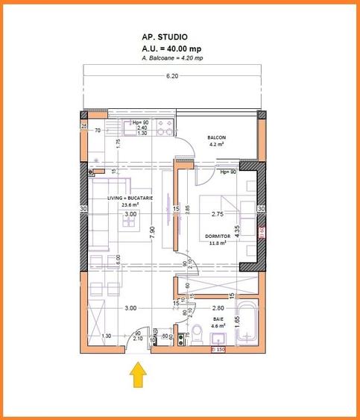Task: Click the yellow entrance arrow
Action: pyautogui.click(x=138, y=374)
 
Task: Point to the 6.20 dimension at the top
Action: pyautogui.click(x=172, y=76)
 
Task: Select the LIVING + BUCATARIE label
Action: pyautogui.click(x=130, y=198)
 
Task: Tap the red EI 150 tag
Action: pyautogui.click(x=218, y=349)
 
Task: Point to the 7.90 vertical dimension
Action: pyautogui.click(x=152, y=231)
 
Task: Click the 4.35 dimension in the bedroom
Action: pyautogui.click(x=236, y=231)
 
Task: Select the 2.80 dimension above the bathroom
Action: pyautogui.click(x=218, y=307)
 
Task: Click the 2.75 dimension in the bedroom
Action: pyautogui.click(x=218, y=214)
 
